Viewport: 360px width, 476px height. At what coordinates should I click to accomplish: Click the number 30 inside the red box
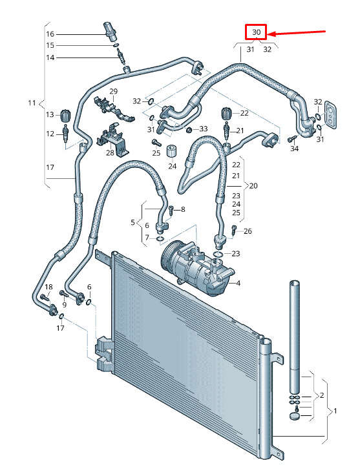256,32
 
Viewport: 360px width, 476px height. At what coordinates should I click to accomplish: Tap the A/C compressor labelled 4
197,268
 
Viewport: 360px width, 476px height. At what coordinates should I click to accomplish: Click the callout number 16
50,34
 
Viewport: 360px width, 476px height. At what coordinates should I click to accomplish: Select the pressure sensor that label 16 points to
110,31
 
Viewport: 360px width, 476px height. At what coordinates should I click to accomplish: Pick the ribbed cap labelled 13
66,115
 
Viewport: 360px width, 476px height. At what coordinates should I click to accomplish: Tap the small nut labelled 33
189,130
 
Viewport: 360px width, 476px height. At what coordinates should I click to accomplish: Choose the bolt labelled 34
292,139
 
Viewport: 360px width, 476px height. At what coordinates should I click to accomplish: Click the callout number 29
113,91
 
